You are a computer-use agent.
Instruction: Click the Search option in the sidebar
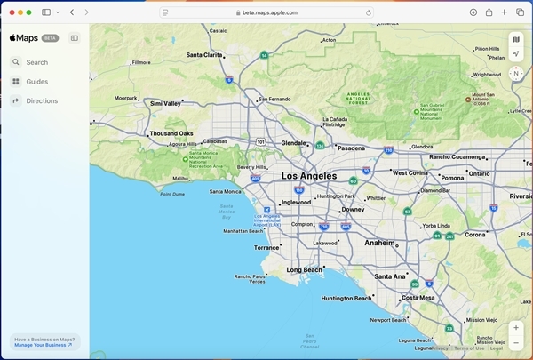click(36, 62)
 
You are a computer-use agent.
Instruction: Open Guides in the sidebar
click(36, 82)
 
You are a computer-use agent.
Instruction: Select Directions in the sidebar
click(41, 101)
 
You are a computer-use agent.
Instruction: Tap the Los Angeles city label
click(309, 176)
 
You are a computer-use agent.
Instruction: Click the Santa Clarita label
click(204, 55)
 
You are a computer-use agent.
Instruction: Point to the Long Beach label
click(304, 269)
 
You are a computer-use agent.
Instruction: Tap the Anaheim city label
click(379, 242)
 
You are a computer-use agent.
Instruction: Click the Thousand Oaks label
click(171, 134)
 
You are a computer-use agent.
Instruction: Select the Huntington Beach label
click(346, 299)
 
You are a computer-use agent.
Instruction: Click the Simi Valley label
click(166, 103)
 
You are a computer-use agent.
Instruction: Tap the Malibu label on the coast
click(180, 179)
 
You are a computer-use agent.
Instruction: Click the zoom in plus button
click(516, 328)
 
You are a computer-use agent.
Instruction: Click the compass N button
click(516, 74)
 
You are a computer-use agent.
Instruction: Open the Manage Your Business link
click(43, 344)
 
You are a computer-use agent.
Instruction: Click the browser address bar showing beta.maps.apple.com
click(266, 12)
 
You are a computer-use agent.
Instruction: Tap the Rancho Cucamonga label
click(458, 157)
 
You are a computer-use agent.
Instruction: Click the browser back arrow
click(72, 12)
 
